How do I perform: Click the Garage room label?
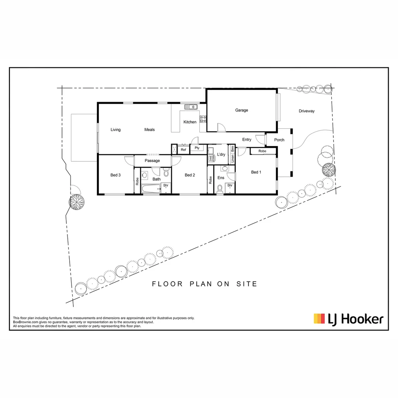[x=242, y=110]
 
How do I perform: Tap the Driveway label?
[x=307, y=111]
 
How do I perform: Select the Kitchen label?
[x=190, y=122]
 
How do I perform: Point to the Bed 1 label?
[x=256, y=172]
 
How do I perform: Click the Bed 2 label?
[x=190, y=175]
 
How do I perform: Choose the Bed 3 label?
[x=116, y=175]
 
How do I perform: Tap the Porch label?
[x=279, y=140]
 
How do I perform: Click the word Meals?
[x=150, y=130]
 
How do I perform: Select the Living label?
[x=116, y=130]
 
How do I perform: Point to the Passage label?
[x=152, y=161]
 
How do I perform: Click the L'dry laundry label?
[x=221, y=154]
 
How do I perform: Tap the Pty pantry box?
[x=197, y=148]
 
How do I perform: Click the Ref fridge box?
[x=183, y=150]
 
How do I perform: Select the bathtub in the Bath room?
[x=151, y=189]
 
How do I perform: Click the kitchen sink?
[x=191, y=107]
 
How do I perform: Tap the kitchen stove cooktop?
[x=203, y=119]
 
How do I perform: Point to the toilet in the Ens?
[x=220, y=189]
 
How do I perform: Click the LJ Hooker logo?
[x=349, y=319]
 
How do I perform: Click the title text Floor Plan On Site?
[x=205, y=284]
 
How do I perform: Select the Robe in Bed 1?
[x=262, y=151]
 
